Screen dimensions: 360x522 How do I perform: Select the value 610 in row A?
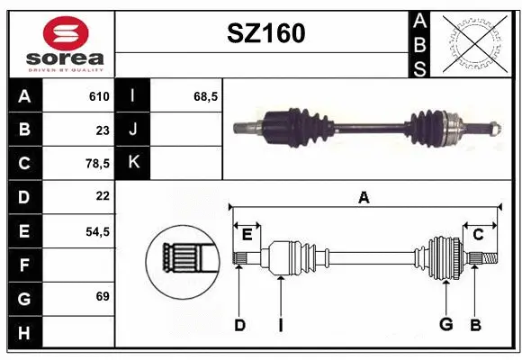pyautogui.click(x=99, y=96)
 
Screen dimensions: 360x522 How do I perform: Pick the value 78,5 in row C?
pyautogui.click(x=96, y=164)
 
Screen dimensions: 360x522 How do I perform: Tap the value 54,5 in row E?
pyautogui.click(x=96, y=231)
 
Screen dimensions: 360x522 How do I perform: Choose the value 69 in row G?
pyautogui.click(x=102, y=296)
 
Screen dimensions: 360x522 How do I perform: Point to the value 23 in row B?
pyautogui.click(x=102, y=130)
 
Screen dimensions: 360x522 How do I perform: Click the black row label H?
pyautogui.click(x=24, y=332)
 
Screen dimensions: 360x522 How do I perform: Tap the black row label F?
pyautogui.click(x=24, y=265)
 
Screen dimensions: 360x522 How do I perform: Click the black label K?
pyautogui.click(x=134, y=163)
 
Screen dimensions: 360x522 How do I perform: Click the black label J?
pyautogui.click(x=134, y=130)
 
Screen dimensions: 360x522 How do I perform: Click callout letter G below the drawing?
pyautogui.click(x=445, y=325)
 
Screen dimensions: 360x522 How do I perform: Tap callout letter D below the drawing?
pyautogui.click(x=240, y=325)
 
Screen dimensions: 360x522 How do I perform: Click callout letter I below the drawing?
pyautogui.click(x=281, y=325)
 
